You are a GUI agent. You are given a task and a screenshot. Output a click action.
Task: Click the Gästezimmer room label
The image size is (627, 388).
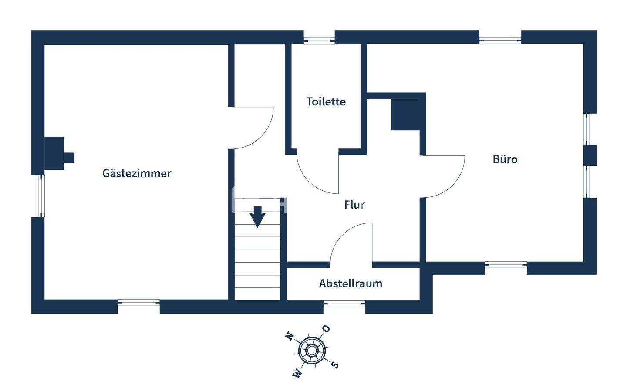point(137,173)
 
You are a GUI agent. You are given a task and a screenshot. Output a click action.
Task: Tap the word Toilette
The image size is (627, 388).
point(326,101)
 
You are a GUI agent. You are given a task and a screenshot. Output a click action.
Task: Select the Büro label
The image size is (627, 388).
point(505,159)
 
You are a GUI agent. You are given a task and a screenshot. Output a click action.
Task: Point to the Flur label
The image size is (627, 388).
point(354,205)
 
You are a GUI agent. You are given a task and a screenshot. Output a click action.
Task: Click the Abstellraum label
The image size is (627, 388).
point(351,283)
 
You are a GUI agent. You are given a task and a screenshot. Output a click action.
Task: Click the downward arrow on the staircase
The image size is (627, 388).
point(257,217)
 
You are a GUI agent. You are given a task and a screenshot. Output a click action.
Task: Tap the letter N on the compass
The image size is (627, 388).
point(289,336)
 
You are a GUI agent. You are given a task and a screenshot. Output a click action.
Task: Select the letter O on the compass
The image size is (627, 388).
point(326,329)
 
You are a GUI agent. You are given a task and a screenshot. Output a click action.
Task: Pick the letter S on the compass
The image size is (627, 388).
point(335,364)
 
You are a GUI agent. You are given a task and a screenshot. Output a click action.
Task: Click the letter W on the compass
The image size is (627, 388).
point(297,373)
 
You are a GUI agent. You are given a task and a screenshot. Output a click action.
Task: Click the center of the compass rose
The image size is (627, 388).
point(312,350)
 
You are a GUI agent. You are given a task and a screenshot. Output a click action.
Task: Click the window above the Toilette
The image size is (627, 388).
point(319,41)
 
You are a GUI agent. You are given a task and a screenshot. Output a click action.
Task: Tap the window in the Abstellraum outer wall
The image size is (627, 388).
point(344,304)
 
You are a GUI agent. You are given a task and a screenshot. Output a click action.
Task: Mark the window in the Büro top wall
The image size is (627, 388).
point(500,41)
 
